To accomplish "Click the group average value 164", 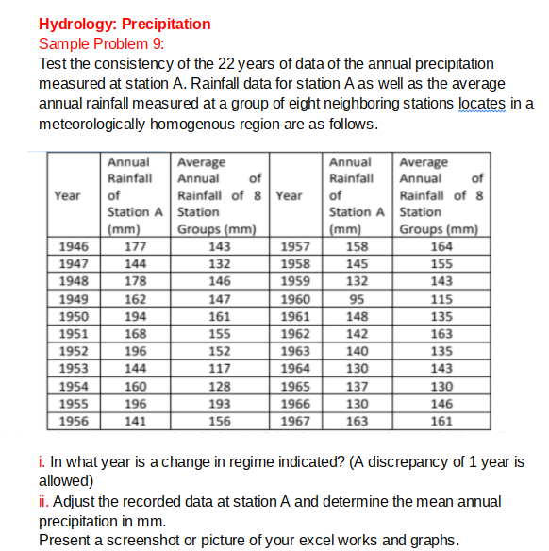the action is click(x=441, y=248).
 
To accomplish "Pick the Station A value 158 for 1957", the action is click(x=354, y=248).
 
